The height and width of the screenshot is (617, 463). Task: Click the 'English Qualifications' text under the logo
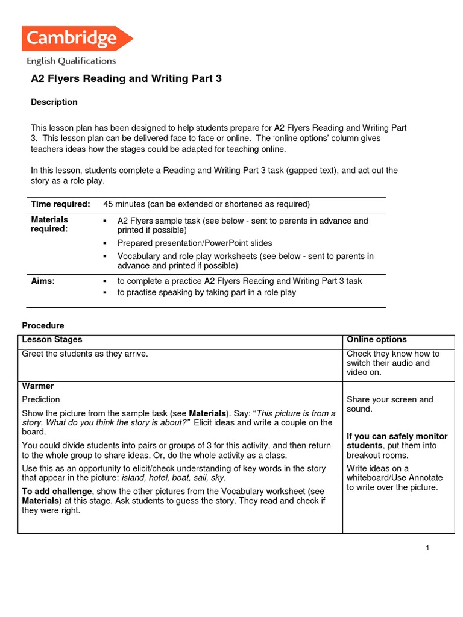(x=71, y=61)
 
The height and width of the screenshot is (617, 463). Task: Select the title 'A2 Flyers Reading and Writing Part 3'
(x=126, y=79)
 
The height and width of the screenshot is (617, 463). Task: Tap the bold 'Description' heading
(x=54, y=102)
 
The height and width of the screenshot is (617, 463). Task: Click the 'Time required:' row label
(x=60, y=204)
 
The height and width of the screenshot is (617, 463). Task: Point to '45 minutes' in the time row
(x=124, y=204)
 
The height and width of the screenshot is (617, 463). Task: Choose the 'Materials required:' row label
(x=49, y=224)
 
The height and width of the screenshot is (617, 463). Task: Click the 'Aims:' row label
(x=43, y=281)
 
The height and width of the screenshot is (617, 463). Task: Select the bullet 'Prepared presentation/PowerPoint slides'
(x=195, y=243)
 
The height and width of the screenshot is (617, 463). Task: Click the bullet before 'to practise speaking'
(x=105, y=293)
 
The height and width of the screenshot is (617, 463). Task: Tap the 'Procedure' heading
(x=43, y=326)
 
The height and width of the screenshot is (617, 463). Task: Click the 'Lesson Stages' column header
(x=52, y=340)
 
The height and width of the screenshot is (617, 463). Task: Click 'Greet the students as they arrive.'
(x=85, y=354)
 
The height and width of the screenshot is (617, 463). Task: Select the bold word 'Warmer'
(x=38, y=386)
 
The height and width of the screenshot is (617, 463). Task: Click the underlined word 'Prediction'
(x=41, y=399)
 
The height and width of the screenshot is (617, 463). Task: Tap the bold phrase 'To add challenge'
(x=57, y=492)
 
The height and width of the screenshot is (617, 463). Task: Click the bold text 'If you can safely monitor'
(x=397, y=436)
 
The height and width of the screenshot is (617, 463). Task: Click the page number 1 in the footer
(x=427, y=548)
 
